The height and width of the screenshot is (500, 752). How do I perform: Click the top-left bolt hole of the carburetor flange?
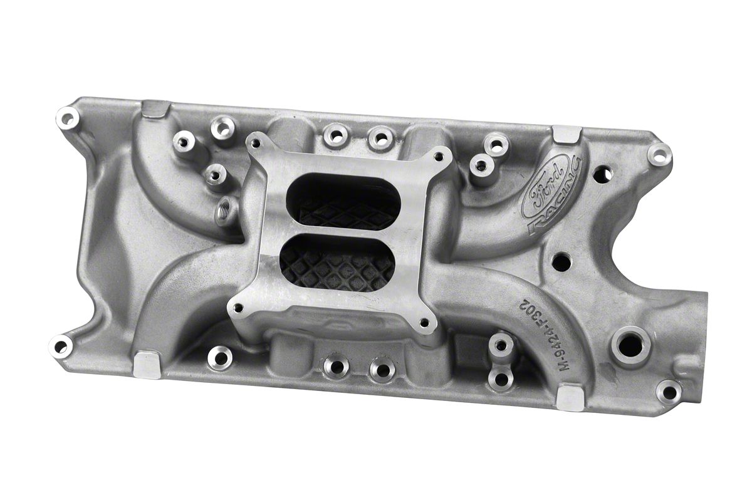(x=255, y=143)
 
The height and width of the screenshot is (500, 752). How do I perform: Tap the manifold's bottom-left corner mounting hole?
(x=60, y=345)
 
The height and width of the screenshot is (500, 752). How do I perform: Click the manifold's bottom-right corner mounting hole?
(x=669, y=392)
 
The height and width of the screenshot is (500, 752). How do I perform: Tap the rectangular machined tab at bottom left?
(x=148, y=363)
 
